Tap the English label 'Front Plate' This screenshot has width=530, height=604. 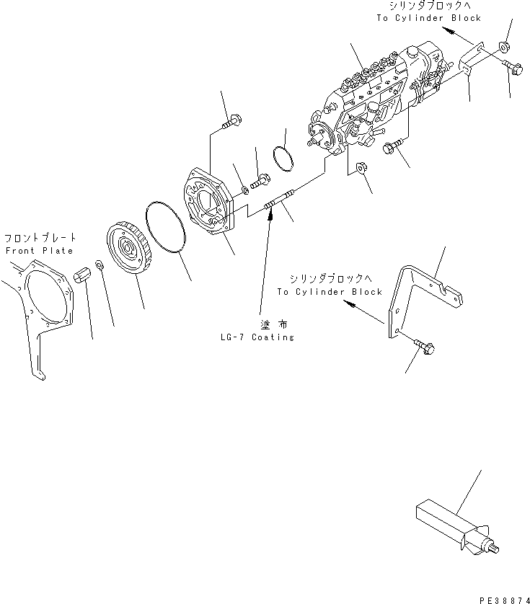coord(39,251)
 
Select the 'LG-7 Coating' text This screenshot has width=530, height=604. coord(258,337)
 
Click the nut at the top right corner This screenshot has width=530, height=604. coord(504,50)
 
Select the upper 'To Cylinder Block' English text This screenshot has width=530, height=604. coord(428,18)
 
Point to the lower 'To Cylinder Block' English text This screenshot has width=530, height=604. coord(329,292)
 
